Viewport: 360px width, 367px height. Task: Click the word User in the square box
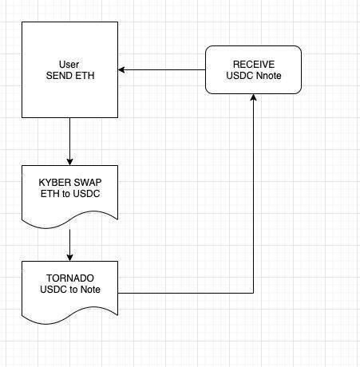[69, 65]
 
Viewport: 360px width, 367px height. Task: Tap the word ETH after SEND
[84, 76]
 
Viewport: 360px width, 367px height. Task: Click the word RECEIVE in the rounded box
[254, 65]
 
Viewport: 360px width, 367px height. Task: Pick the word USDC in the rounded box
[239, 76]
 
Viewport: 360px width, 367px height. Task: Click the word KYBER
[55, 183]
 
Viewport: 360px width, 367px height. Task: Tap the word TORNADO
[70, 278]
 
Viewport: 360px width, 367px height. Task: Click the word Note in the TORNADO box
[90, 290]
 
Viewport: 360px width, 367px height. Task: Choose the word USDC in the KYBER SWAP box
[86, 194]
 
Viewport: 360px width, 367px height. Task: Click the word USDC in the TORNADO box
[53, 290]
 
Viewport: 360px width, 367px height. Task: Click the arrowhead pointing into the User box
[121, 70]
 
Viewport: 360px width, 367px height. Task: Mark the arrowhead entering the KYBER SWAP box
[69, 162]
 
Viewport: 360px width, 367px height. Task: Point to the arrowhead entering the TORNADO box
[69, 258]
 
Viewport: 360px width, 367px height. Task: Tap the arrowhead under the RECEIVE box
[253, 97]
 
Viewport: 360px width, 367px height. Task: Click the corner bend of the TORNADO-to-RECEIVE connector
[253, 293]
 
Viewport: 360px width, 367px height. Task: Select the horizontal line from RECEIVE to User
[161, 70]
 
